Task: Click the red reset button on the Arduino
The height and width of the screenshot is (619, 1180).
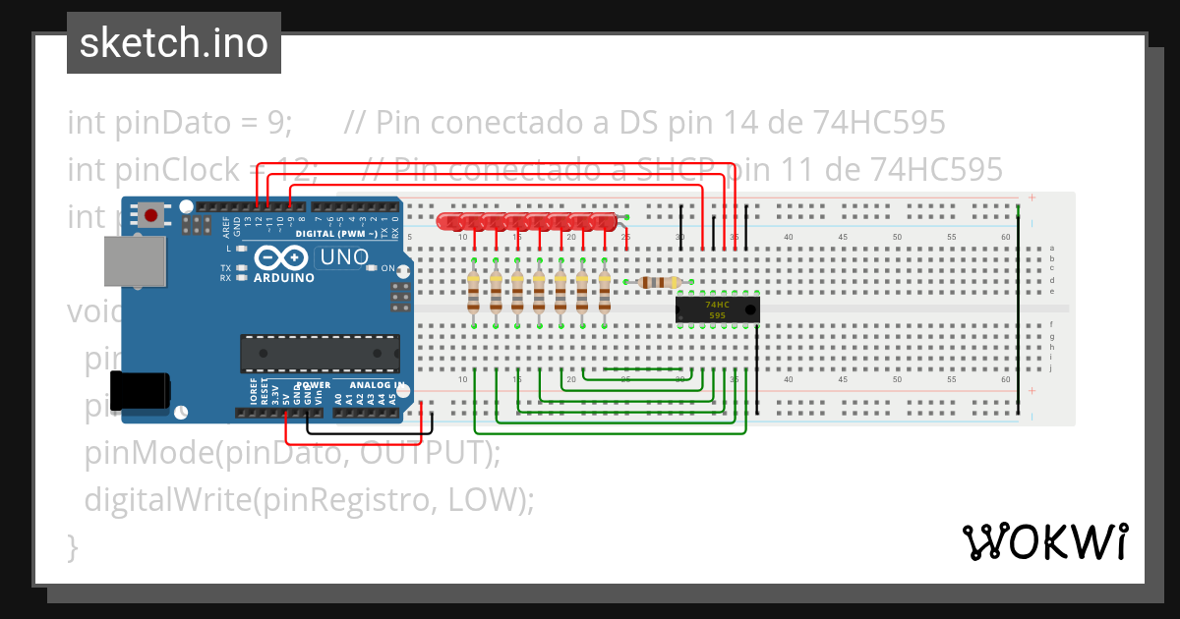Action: pyautogui.click(x=150, y=215)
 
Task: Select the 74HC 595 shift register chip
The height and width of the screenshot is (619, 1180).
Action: pyautogui.click(x=718, y=309)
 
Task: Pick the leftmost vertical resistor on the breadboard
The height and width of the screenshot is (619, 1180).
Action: pyautogui.click(x=475, y=292)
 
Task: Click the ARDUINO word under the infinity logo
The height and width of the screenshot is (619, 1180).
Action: pyautogui.click(x=284, y=278)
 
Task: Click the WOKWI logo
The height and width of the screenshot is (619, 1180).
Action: pyautogui.click(x=1044, y=541)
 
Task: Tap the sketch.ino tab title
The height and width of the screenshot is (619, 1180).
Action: pyautogui.click(x=174, y=43)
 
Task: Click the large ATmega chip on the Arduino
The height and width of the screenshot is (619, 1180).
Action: pyautogui.click(x=321, y=353)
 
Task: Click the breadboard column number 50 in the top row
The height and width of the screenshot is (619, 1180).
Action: pyautogui.click(x=896, y=237)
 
